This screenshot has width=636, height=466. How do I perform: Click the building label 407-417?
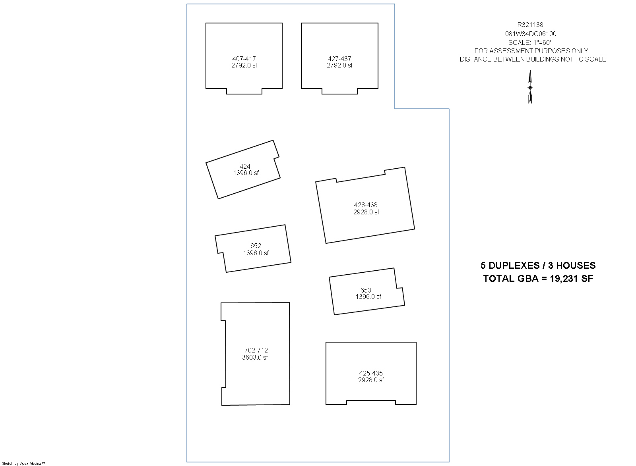(x=244, y=59)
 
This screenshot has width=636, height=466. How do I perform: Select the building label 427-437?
(x=339, y=59)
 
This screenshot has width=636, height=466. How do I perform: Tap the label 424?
(x=245, y=166)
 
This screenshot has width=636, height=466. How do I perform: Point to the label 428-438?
(x=366, y=205)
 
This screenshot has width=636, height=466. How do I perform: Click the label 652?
(x=256, y=246)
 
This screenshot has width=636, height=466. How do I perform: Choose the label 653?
(x=366, y=290)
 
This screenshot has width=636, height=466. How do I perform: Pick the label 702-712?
(x=256, y=350)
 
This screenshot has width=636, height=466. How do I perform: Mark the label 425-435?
(x=371, y=373)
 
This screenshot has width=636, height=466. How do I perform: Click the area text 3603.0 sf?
(x=255, y=357)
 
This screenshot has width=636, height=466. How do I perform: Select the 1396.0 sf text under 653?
(x=368, y=297)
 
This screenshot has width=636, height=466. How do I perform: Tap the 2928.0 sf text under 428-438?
(x=366, y=212)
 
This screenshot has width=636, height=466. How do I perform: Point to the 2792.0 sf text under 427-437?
(x=339, y=65)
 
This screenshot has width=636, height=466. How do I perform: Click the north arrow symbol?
(x=530, y=87)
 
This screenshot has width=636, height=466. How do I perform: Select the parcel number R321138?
(x=530, y=25)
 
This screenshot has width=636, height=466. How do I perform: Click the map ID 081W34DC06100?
(x=531, y=34)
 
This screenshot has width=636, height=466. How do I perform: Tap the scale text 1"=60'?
(x=542, y=42)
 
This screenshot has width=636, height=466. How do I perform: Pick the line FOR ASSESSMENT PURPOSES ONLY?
(x=531, y=51)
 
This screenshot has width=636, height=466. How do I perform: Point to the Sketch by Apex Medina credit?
(x=23, y=464)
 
